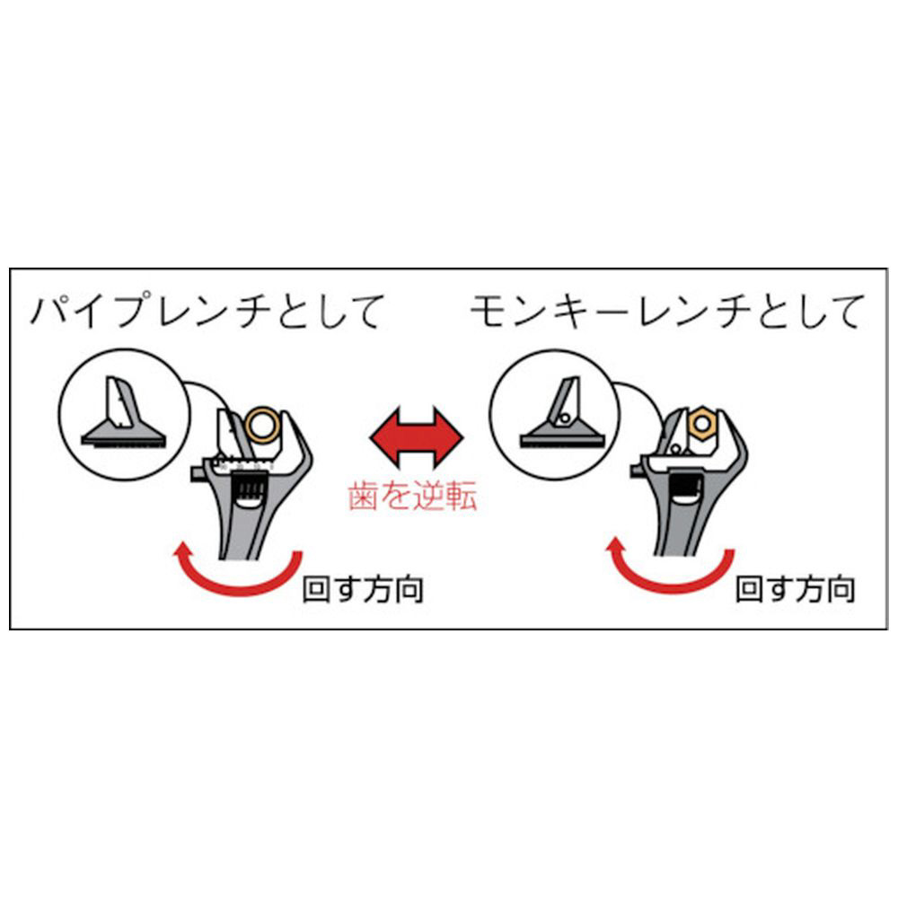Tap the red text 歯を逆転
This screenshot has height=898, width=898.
[412, 495]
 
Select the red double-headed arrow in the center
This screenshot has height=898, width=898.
[417, 437]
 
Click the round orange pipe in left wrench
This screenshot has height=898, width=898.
[261, 425]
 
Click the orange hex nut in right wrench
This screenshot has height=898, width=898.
[700, 424]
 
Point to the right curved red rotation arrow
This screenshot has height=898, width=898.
[669, 577]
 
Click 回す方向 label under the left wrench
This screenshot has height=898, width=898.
[363, 590]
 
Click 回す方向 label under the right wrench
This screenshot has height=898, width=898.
[795, 590]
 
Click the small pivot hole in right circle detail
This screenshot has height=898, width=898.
[564, 418]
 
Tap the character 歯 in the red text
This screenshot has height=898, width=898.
[363, 496]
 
